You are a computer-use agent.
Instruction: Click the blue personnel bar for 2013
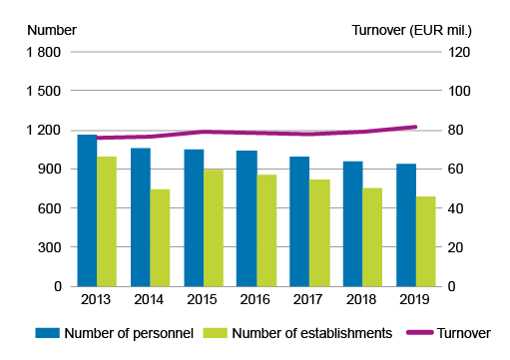[x=87, y=210]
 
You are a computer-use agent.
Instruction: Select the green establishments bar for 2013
[x=107, y=221]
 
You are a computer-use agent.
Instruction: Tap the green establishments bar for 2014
[x=160, y=237]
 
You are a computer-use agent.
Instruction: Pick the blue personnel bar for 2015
[x=194, y=217]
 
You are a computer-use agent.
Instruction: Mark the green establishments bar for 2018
[x=372, y=236]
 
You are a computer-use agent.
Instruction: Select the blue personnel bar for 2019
[x=406, y=224]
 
